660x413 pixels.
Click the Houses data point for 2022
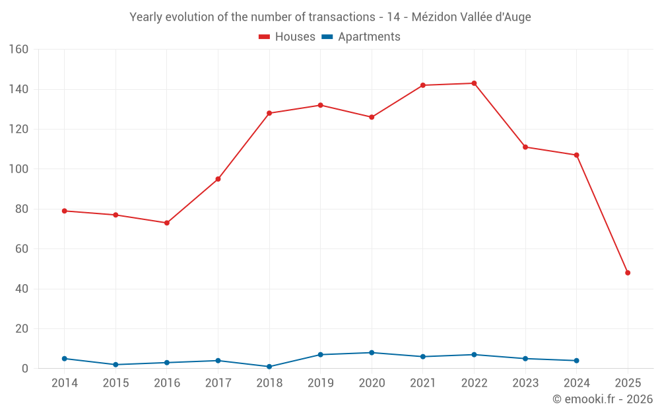click(x=474, y=83)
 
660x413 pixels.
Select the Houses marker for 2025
click(x=628, y=273)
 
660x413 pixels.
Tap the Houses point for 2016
click(x=167, y=223)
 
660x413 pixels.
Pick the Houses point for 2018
click(x=269, y=113)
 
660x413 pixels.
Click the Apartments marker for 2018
click(x=269, y=367)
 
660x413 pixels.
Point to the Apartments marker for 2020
click(x=372, y=353)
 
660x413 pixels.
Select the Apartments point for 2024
click(x=576, y=361)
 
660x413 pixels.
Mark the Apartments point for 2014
click(x=65, y=359)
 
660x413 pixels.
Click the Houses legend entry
click(x=287, y=37)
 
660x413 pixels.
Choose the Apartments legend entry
click(x=361, y=37)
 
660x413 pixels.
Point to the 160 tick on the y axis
click(x=18, y=50)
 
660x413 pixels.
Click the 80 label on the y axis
click(x=22, y=209)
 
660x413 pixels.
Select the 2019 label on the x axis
click(x=321, y=383)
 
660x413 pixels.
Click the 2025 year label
click(x=628, y=383)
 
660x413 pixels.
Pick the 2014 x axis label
click(x=65, y=383)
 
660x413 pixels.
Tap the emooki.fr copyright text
click(x=603, y=399)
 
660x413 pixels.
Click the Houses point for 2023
click(x=525, y=147)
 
